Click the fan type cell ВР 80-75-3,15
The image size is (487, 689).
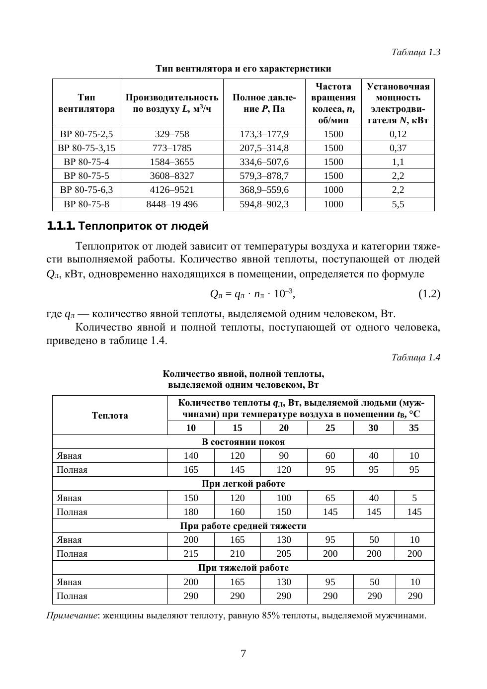86,148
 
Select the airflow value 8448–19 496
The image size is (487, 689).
172,204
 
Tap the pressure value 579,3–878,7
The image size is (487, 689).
264,176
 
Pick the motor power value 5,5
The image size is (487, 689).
398,204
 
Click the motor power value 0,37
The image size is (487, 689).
398,148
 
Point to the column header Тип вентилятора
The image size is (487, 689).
86,103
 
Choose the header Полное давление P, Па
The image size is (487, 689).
264,103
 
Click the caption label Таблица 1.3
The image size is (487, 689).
415,52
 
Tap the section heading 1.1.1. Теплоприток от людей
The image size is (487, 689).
127,226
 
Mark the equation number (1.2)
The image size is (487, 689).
429,294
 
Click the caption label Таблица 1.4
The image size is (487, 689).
415,357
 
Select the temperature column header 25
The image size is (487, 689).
330,428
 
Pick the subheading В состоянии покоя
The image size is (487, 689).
243,442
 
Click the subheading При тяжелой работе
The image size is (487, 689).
243,568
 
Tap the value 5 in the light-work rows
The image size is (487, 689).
414,498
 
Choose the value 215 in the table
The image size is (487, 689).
191,554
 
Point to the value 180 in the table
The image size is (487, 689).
191,512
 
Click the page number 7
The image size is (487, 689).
243,654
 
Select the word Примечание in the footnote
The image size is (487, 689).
72,616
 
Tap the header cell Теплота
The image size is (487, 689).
110,416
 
